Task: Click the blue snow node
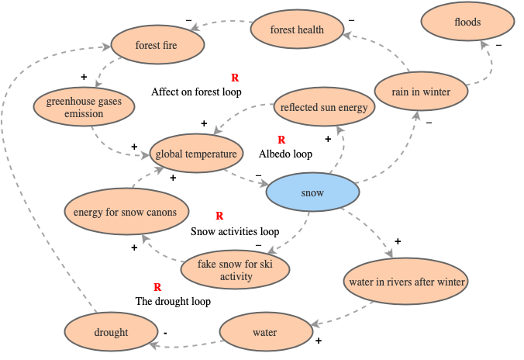pos(312,193)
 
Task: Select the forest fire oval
pos(157,46)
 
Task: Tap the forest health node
pos(297,30)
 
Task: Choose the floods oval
pos(467,22)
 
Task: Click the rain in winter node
pos(422,92)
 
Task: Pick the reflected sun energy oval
pos(323,108)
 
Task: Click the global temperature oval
pos(195,154)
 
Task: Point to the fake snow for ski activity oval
pos(236,270)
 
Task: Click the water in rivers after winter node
pos(406,282)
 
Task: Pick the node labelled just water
pos(265,333)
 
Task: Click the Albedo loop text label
pos(285,154)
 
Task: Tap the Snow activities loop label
pos(234,231)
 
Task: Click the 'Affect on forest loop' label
pos(196,92)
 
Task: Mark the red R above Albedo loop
pos(281,140)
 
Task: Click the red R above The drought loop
pos(157,287)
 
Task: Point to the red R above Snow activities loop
pos(219,216)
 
